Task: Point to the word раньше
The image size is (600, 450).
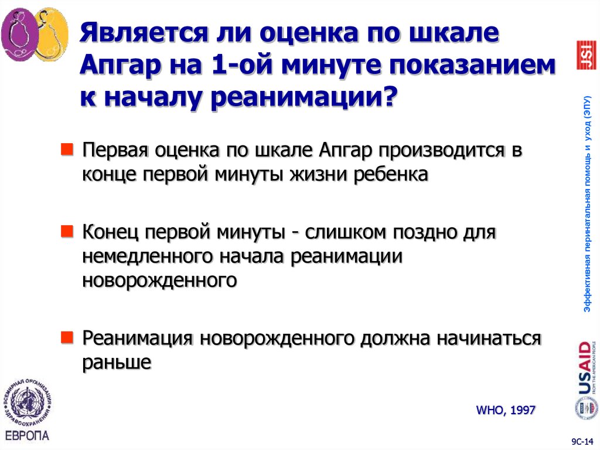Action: pos(117,362)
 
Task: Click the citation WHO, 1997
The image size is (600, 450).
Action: pos(506,410)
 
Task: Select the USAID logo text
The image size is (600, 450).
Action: pos(584,370)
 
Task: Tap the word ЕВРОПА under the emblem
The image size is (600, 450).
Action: pos(27,436)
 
